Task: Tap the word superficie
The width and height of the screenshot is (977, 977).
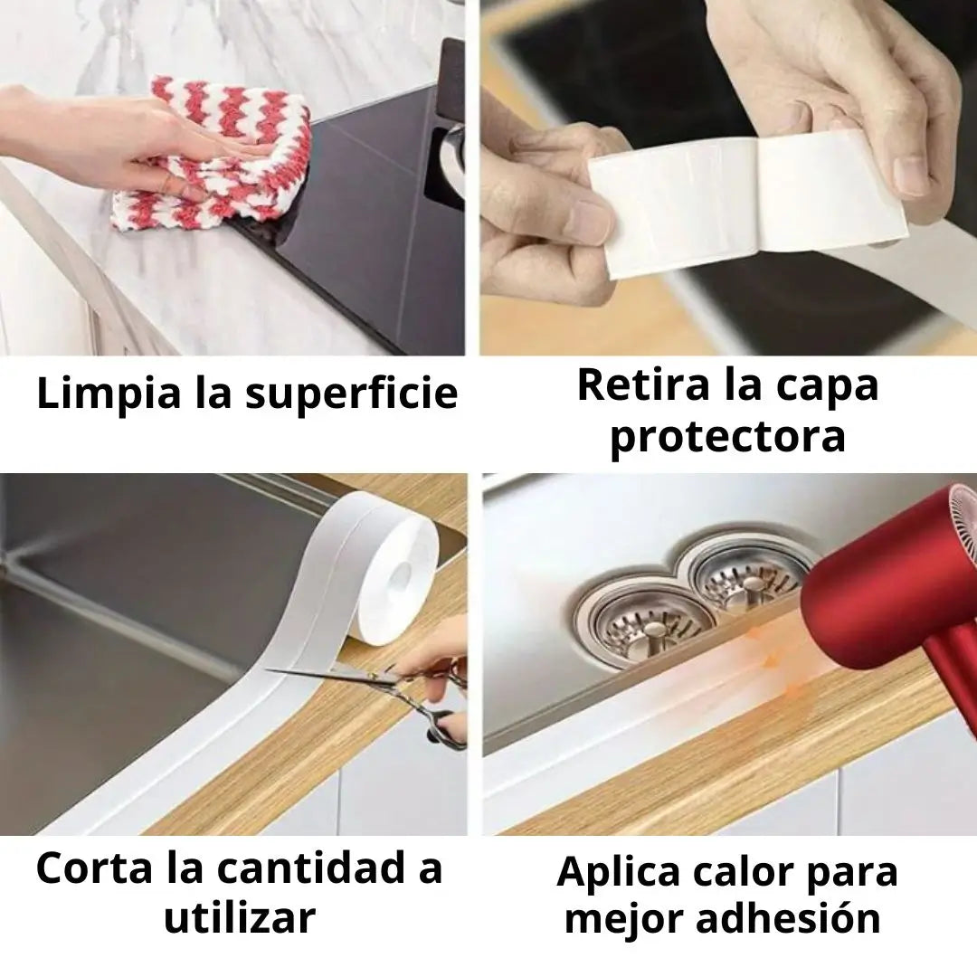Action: click(351, 394)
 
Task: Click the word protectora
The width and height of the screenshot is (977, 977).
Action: click(727, 436)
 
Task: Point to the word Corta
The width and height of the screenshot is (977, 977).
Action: click(94, 867)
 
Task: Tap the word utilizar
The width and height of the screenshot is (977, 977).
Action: click(240, 917)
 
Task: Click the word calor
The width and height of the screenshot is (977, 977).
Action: click(743, 871)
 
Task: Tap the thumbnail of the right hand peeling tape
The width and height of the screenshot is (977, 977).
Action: click(911, 172)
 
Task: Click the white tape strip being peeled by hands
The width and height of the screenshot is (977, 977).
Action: click(748, 204)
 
